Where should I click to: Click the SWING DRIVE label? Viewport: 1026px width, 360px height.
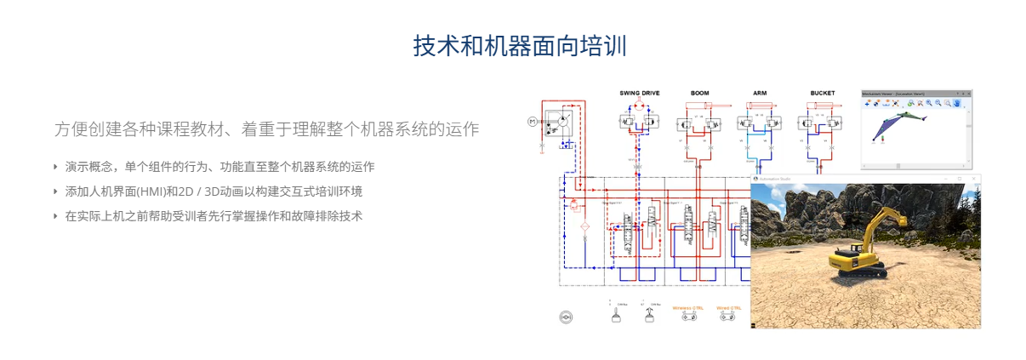(639, 93)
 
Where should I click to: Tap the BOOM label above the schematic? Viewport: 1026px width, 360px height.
(699, 93)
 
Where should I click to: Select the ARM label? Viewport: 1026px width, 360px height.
(760, 93)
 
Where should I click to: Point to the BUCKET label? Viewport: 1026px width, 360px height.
(822, 93)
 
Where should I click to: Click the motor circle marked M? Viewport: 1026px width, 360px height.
(533, 121)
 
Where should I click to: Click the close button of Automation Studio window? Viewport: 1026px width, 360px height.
(974, 179)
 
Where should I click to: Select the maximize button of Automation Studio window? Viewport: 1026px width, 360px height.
(960, 179)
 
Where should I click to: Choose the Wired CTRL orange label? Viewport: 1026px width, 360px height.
(727, 307)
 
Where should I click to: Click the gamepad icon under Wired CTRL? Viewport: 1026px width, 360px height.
(727, 317)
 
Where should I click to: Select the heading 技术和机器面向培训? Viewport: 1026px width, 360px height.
(520, 46)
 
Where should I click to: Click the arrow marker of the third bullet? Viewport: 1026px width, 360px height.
(56, 215)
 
